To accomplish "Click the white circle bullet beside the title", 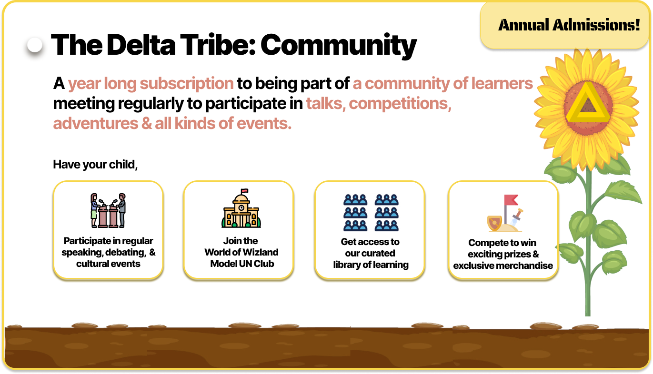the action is pyautogui.click(x=35, y=45).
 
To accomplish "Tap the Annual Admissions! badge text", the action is pyautogui.click(x=569, y=25).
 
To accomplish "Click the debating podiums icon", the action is pyautogui.click(x=108, y=210).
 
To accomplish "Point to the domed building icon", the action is pyautogui.click(x=241, y=208).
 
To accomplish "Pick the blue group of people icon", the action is pyautogui.click(x=371, y=213).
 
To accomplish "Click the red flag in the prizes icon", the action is pyautogui.click(x=511, y=200).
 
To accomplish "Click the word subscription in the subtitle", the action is pyautogui.click(x=187, y=84).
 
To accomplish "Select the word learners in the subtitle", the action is pyautogui.click(x=502, y=83).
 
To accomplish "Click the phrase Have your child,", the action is pyautogui.click(x=95, y=165).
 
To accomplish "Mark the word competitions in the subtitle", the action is pyautogui.click(x=400, y=104).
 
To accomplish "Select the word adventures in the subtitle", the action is pyautogui.click(x=96, y=124).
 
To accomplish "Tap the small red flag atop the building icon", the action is pyautogui.click(x=245, y=191).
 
